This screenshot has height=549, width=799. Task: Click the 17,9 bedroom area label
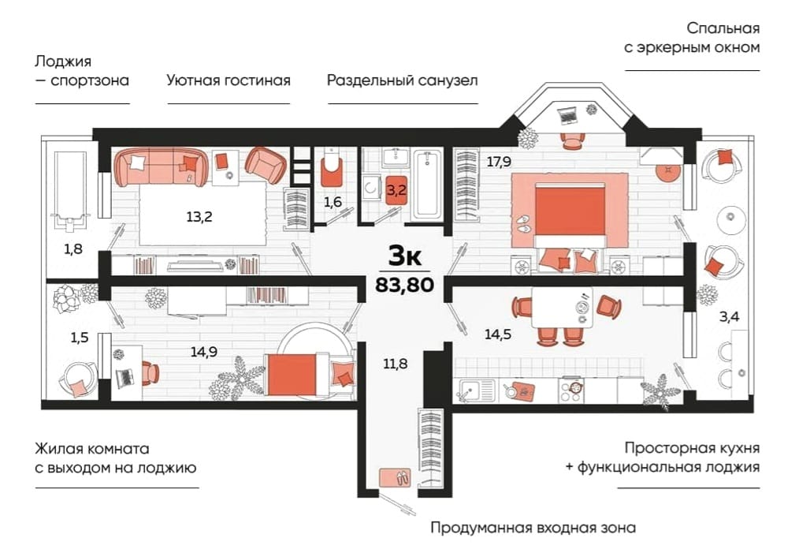coord(499,162)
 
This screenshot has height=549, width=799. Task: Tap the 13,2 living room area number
coord(199,217)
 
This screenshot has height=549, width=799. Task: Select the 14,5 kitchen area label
coord(498,334)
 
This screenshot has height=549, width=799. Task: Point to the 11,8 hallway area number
coord(396,364)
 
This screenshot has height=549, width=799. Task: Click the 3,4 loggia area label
coord(729,317)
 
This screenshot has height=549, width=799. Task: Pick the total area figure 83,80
coord(404,284)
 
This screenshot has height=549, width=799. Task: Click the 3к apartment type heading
coord(405,256)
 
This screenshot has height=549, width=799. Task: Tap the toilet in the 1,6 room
coord(331,169)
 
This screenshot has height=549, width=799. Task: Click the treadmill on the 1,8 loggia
coord(70,187)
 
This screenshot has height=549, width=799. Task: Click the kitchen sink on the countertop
coord(477,390)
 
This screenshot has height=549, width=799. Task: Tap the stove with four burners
coord(571,390)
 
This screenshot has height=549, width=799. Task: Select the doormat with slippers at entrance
coord(396,478)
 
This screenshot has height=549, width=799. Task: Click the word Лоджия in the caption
coord(63,62)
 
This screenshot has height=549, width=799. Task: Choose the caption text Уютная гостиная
coord(229,80)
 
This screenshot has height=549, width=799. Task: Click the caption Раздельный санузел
coord(403,80)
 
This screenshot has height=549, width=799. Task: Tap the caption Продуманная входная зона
coord(533,527)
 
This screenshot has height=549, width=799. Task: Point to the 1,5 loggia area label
coord(80,338)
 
